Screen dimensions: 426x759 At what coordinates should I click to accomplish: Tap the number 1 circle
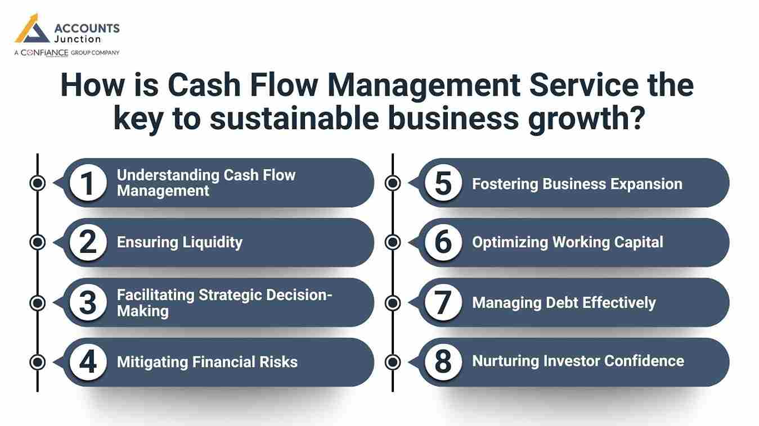[88, 183]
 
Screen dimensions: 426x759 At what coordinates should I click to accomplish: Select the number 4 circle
[88, 362]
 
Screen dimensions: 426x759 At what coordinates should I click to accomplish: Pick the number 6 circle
[443, 242]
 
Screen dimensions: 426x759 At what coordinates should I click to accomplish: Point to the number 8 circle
[443, 362]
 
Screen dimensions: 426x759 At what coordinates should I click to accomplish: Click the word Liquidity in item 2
[212, 242]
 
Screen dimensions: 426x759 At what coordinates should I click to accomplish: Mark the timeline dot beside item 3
[38, 303]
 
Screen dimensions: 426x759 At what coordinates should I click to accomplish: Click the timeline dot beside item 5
[393, 183]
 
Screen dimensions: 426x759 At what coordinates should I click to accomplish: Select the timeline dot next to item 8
[393, 362]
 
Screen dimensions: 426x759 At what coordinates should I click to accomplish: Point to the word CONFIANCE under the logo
[44, 53]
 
